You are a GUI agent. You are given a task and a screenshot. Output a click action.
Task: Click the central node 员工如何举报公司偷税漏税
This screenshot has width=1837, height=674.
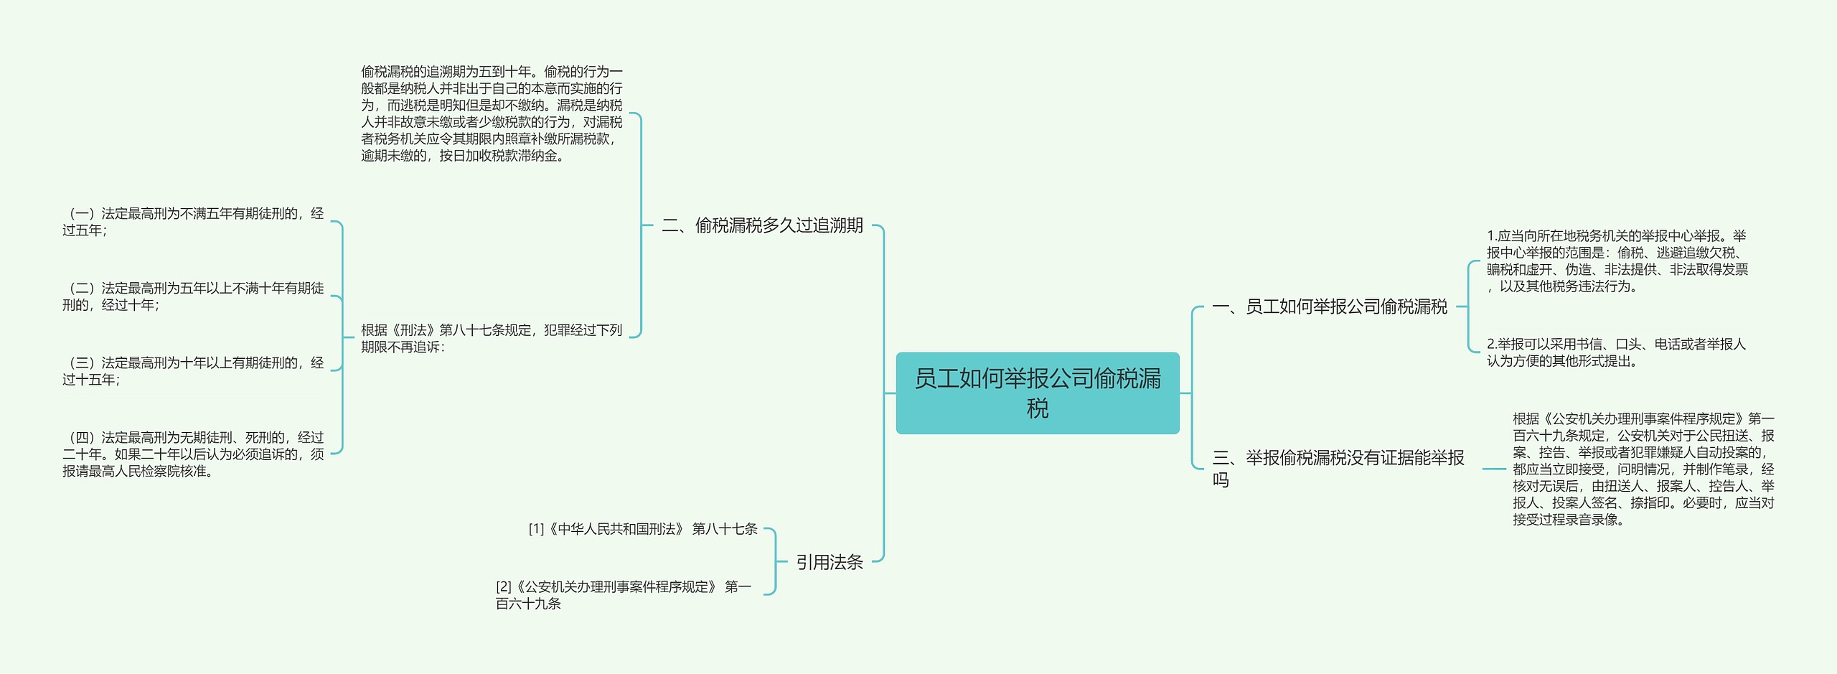pyautogui.click(x=1037, y=393)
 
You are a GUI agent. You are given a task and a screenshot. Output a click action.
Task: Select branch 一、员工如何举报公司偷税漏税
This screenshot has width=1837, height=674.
pyautogui.click(x=1329, y=307)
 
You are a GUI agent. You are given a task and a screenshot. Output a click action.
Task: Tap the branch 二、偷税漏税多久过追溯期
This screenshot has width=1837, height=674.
pyautogui.click(x=761, y=225)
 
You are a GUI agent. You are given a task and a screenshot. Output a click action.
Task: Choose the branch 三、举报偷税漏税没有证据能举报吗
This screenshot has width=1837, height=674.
pyautogui.click(x=1338, y=467)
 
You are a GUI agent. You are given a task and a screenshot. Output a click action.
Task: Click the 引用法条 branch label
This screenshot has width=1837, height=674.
pyautogui.click(x=829, y=562)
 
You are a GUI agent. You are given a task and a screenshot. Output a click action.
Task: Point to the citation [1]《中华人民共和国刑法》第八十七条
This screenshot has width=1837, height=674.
pyautogui.click(x=642, y=529)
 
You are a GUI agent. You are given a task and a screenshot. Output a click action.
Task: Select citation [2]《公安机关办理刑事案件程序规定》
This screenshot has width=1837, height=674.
pyautogui.click(x=623, y=594)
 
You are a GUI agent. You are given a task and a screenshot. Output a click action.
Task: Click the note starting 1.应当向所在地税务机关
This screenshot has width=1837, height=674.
pyautogui.click(x=1616, y=261)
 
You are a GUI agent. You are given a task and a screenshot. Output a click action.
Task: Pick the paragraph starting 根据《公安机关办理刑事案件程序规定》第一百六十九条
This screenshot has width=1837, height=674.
pyautogui.click(x=1643, y=469)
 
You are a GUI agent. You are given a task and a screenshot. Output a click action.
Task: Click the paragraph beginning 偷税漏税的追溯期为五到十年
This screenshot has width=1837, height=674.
pyautogui.click(x=492, y=113)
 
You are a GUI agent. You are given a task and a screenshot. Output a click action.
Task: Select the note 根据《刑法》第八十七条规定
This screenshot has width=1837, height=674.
pyautogui.click(x=492, y=338)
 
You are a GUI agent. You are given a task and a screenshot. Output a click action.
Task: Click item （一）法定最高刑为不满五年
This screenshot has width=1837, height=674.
pyautogui.click(x=192, y=221)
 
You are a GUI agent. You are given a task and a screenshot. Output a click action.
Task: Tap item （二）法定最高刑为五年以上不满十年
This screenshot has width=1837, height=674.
pyautogui.click(x=192, y=296)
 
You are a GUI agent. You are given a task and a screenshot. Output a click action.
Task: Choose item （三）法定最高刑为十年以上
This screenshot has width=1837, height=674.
pyautogui.click(x=192, y=370)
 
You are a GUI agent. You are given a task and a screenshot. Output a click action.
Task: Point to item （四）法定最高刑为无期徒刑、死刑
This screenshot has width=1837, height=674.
pyautogui.click(x=192, y=454)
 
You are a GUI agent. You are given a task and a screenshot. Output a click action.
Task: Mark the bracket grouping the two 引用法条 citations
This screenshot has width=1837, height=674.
pyautogui.click(x=775, y=561)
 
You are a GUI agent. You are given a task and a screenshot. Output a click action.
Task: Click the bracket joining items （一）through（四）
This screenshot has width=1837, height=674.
pyautogui.click(x=342, y=337)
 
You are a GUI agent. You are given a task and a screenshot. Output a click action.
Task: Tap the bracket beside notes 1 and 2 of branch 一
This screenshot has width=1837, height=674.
pyautogui.click(x=1469, y=306)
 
